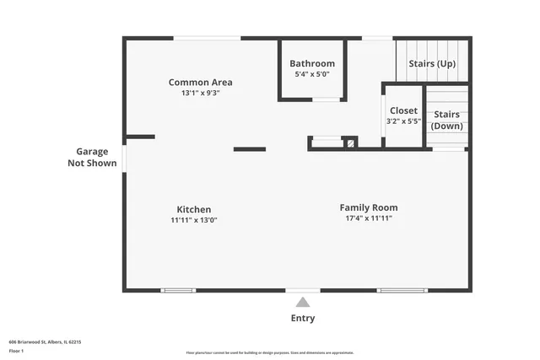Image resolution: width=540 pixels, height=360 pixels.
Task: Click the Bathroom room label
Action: click(312, 63)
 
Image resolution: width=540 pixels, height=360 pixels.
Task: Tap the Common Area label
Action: click(200, 82)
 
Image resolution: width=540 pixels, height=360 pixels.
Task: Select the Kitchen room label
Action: click(193, 209)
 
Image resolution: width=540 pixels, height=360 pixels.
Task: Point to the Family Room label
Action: click(369, 207)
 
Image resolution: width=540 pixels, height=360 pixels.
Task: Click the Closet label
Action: click(403, 110)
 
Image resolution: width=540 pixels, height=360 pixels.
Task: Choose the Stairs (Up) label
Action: click(433, 63)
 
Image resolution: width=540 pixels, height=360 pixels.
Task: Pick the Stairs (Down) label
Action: click(447, 120)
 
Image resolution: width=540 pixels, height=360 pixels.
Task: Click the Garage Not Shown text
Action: click(92, 158)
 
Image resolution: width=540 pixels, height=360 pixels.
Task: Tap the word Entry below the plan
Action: click(303, 318)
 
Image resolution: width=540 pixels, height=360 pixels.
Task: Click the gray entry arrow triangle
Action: click(303, 303)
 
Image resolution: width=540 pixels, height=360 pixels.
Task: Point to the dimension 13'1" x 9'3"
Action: click(200, 94)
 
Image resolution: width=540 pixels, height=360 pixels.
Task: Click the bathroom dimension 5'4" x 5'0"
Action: click(312, 75)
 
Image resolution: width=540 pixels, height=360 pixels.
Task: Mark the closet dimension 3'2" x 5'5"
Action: click(403, 121)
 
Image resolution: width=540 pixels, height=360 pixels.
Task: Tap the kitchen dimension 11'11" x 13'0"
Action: click(193, 220)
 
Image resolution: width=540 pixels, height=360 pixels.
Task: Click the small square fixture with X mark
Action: click(349, 142)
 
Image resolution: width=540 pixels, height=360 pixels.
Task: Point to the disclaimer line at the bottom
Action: click(270, 353)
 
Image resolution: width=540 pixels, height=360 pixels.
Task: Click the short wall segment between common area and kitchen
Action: click(249, 149)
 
